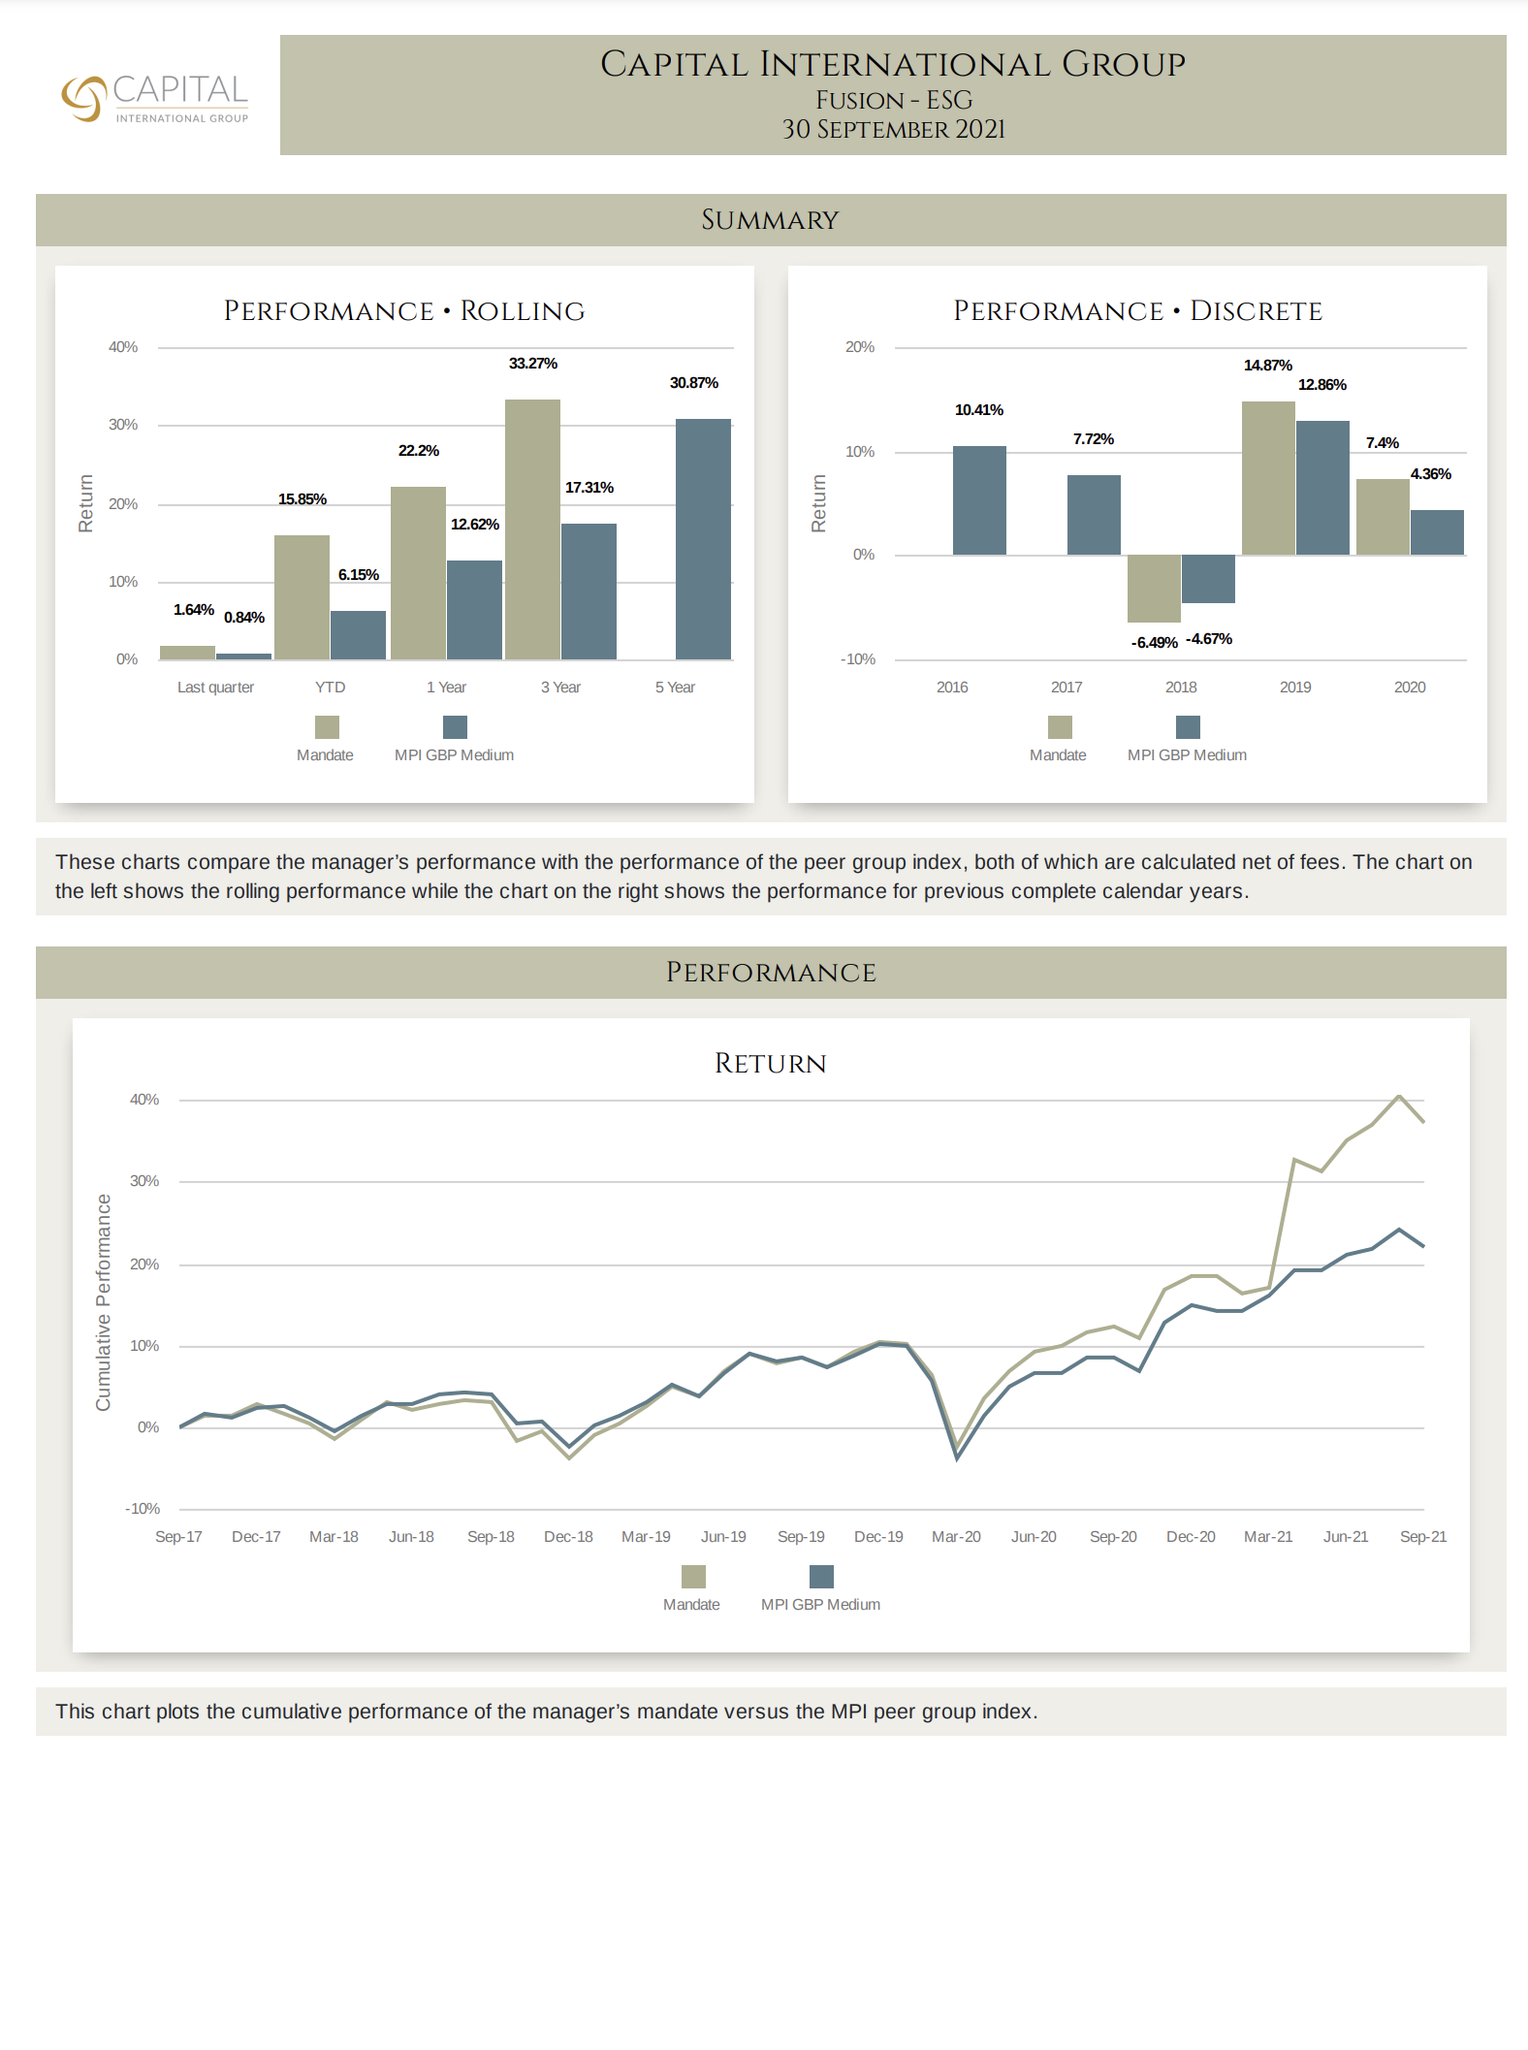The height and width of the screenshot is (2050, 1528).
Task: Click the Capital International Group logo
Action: tap(155, 98)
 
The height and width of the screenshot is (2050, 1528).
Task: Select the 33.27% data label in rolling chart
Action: tap(532, 364)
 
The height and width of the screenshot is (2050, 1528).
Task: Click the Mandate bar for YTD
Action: tap(302, 596)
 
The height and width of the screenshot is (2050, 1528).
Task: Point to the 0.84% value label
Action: tap(244, 618)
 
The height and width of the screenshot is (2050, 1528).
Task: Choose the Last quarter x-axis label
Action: tap(215, 688)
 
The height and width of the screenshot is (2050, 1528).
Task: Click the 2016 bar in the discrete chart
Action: tap(979, 500)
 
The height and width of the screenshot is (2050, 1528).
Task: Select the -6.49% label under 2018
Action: tap(1154, 643)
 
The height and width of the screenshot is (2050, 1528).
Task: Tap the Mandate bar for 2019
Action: tap(1268, 478)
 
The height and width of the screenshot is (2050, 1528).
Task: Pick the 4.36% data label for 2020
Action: tap(1430, 474)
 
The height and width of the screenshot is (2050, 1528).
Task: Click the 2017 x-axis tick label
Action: tap(1066, 688)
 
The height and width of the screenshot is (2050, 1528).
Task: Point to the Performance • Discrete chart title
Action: tap(1137, 311)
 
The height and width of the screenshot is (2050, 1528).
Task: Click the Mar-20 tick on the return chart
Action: tap(956, 1537)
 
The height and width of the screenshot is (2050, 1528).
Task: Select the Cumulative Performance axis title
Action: tap(104, 1302)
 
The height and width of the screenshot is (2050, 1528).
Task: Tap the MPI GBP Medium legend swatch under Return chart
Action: tap(821, 1577)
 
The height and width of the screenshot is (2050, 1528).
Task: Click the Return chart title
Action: tap(770, 1064)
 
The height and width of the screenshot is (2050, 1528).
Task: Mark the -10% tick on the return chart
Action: tap(143, 1509)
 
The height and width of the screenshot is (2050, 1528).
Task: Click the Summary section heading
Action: tap(770, 220)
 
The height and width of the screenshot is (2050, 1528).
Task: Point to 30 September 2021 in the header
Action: tap(893, 130)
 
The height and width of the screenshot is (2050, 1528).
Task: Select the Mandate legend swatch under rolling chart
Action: tap(327, 727)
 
